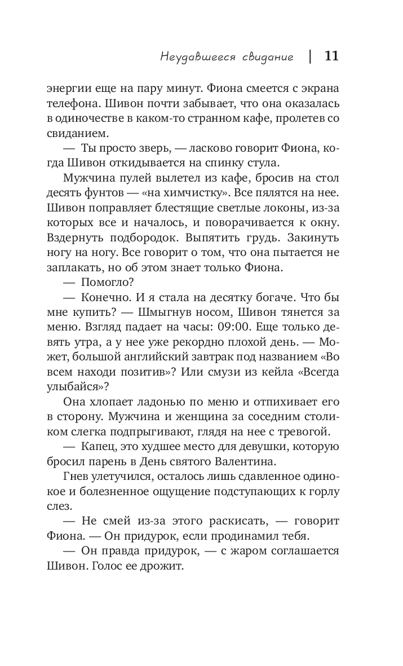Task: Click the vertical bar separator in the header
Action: click(310, 56)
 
